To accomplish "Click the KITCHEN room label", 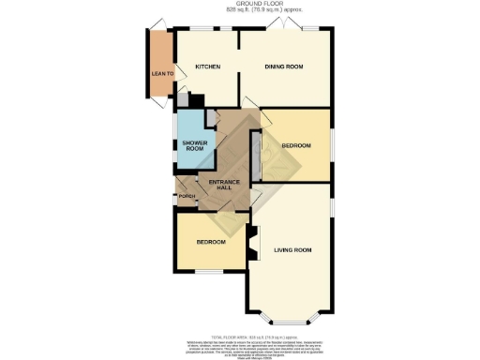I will [207, 67].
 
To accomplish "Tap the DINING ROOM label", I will [285, 67].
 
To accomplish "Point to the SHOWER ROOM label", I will [193, 145].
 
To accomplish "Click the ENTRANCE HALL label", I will [225, 184].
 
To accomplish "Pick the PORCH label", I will [187, 197].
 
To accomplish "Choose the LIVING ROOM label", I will [292, 250].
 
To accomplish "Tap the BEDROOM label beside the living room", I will [210, 243].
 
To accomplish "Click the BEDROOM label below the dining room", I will [296, 146].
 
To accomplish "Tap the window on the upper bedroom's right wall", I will [331, 145].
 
